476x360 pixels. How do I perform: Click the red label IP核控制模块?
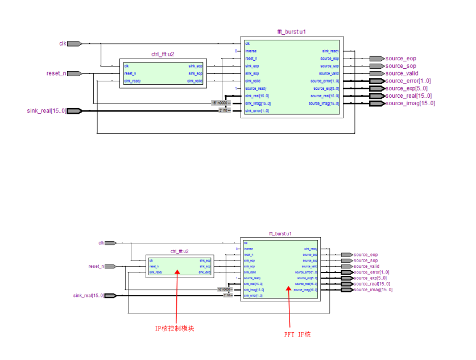(x=175, y=328)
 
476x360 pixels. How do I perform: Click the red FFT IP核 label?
(x=297, y=334)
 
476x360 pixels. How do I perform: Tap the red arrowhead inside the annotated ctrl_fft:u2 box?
(x=177, y=272)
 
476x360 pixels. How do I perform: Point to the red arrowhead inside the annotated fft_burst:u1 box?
(x=289, y=288)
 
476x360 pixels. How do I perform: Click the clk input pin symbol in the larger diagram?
(x=74, y=43)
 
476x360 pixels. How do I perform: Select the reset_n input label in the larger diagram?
(x=56, y=73)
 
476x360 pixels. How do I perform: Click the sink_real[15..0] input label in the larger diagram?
(x=46, y=110)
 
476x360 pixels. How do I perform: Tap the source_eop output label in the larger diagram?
(x=400, y=59)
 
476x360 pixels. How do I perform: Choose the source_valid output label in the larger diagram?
(x=402, y=73)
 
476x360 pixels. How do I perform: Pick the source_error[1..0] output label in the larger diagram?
(x=408, y=81)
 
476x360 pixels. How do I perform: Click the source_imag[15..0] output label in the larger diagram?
(x=409, y=103)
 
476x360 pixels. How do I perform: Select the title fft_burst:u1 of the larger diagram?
(x=292, y=32)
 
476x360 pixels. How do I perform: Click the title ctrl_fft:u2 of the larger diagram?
(x=163, y=55)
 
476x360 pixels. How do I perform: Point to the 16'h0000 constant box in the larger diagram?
(x=218, y=103)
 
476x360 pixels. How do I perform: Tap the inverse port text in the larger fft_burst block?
(x=251, y=51)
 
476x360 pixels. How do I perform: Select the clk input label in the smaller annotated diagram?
(x=101, y=243)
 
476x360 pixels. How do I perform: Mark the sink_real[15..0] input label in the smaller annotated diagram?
(x=89, y=296)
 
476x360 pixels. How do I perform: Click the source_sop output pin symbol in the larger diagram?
(x=376, y=66)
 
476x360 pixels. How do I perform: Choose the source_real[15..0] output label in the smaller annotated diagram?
(x=371, y=284)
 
